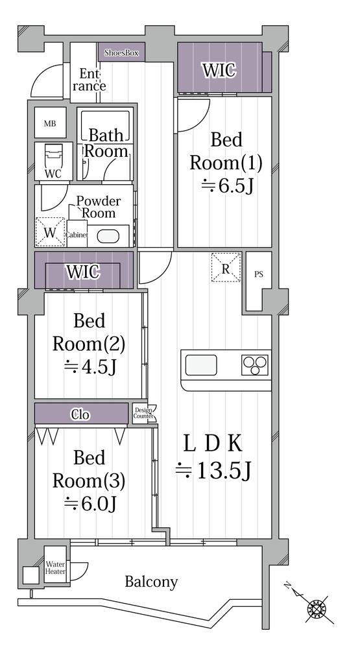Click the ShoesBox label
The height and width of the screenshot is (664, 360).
pos(121,53)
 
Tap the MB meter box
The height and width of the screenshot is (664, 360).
pos(50,123)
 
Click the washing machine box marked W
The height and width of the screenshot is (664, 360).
pos(50,231)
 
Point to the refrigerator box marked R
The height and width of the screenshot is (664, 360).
pos(226,267)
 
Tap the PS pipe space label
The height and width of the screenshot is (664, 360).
pos(258,274)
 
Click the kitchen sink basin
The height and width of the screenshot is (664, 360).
pos(201,365)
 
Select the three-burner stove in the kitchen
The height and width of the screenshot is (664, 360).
pos(254,365)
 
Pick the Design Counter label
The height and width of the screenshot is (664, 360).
pos(143,413)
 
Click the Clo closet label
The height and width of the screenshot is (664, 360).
pos(80,414)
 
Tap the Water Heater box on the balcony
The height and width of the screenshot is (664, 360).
pos(56,568)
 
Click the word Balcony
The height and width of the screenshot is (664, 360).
pos(151,582)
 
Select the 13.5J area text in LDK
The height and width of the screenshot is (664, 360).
pos(214,470)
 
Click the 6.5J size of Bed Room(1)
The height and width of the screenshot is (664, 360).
pos(226,185)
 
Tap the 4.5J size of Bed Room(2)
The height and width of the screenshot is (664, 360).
pos(90,367)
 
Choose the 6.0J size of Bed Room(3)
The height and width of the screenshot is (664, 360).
pos(90,503)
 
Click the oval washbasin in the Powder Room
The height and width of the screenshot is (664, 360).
pos(105,236)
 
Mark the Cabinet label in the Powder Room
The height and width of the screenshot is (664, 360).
pos(77,235)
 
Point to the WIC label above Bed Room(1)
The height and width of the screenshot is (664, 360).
pos(219,70)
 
